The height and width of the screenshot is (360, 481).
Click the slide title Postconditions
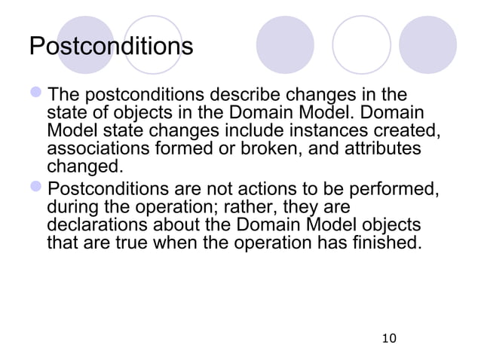(111, 47)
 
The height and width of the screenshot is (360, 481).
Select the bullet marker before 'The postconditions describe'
(37, 96)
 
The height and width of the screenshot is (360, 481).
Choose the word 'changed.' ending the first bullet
(82, 166)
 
